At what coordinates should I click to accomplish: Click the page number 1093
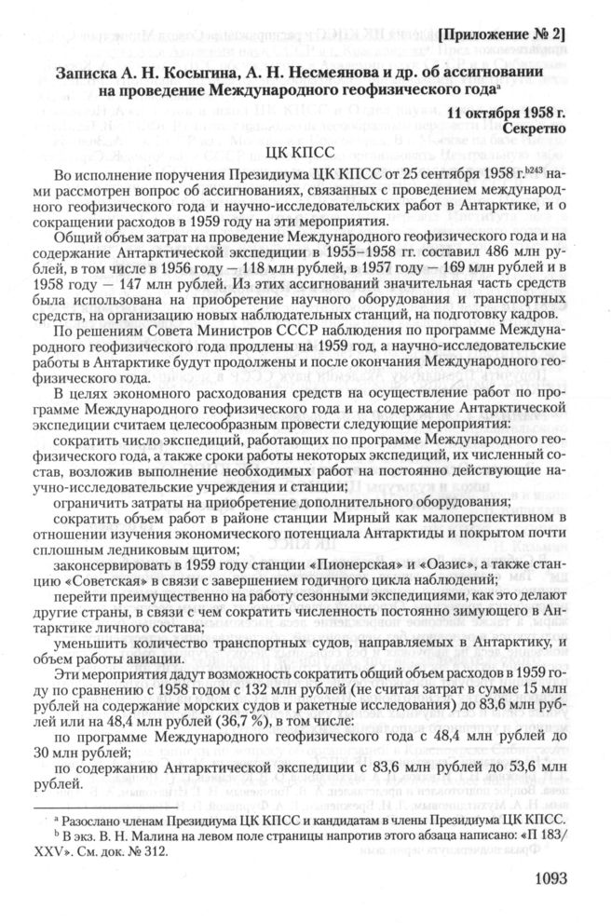(559, 876)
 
